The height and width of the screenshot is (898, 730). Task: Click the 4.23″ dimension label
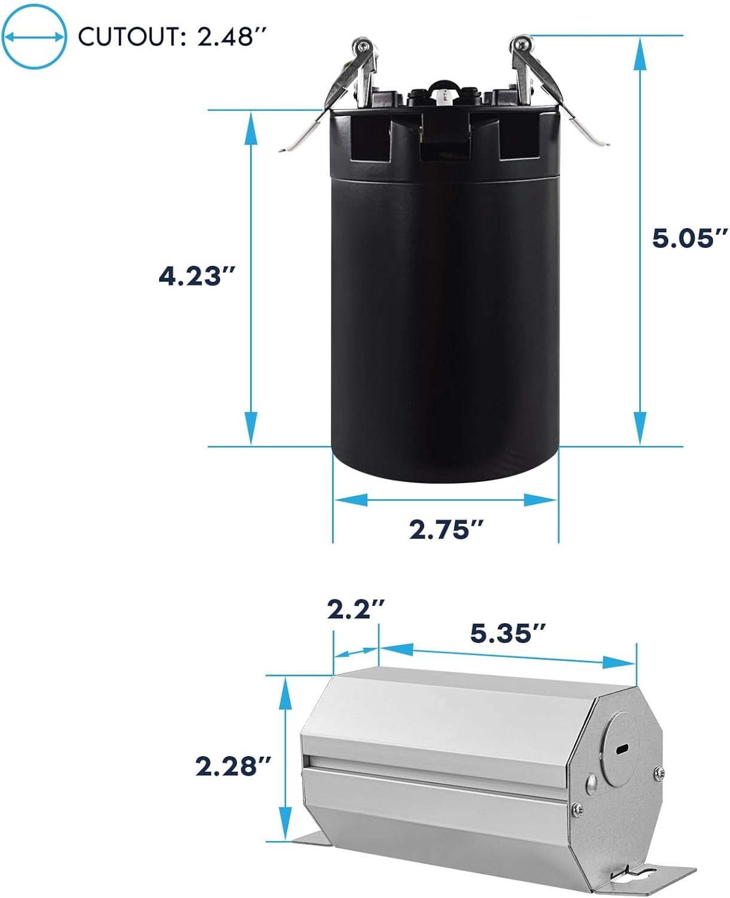pyautogui.click(x=196, y=277)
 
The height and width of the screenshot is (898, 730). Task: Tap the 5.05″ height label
pyautogui.click(x=689, y=238)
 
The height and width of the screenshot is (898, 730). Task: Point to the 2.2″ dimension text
pyautogui.click(x=356, y=609)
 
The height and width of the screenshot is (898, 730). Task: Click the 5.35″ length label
pyautogui.click(x=507, y=633)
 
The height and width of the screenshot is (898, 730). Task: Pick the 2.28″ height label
pyautogui.click(x=233, y=766)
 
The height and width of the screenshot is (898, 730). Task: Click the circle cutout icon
pyautogui.click(x=34, y=37)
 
